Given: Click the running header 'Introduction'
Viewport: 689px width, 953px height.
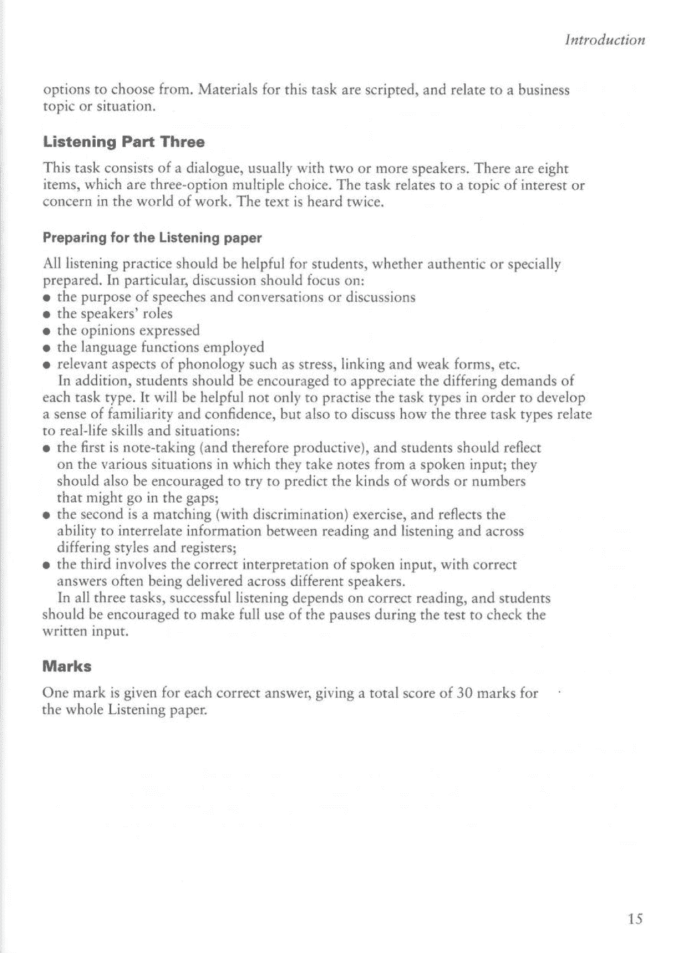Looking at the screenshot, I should [x=604, y=40].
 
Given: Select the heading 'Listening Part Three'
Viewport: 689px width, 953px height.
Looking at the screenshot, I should [x=124, y=142].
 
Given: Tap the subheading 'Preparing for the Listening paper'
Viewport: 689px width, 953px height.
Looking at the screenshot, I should [x=152, y=238].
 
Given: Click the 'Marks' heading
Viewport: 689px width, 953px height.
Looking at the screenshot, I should [x=67, y=666].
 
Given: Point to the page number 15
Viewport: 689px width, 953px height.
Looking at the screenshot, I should [x=634, y=919].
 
